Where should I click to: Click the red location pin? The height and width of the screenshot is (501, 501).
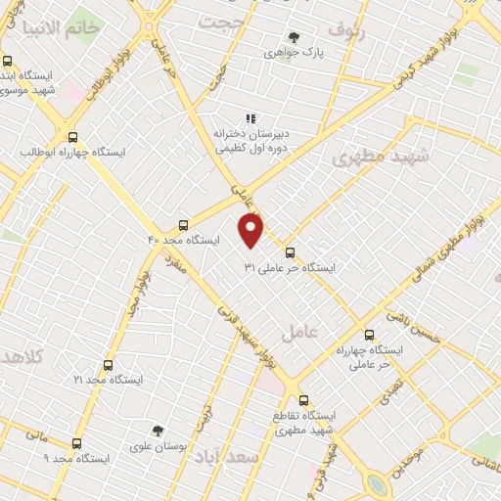click(x=251, y=230)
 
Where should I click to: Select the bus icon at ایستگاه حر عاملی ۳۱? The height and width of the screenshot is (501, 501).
click(x=289, y=252)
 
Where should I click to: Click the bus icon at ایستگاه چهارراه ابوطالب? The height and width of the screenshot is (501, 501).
click(x=73, y=138)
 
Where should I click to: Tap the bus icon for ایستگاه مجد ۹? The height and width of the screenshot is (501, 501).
click(x=76, y=443)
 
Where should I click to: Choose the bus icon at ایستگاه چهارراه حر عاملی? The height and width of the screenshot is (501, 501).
click(x=368, y=334)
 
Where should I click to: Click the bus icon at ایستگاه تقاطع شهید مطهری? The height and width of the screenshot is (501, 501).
click(x=302, y=399)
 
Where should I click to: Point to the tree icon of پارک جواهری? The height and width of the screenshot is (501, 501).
click(x=294, y=37)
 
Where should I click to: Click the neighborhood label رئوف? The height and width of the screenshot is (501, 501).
click(x=345, y=29)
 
